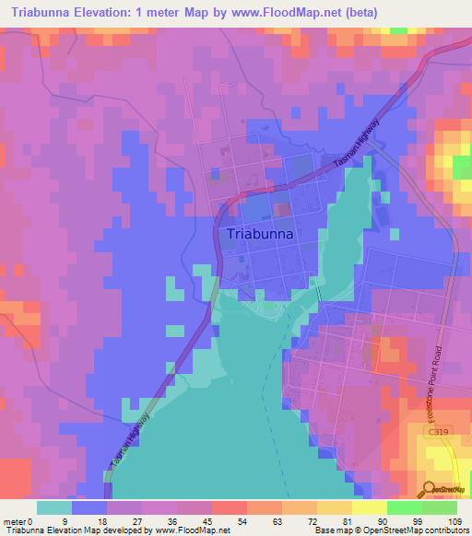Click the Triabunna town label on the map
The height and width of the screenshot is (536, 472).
[x=260, y=234]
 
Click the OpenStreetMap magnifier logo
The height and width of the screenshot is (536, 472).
[x=429, y=488]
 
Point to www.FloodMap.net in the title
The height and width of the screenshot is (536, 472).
[x=277, y=11]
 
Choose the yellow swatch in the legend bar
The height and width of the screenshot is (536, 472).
[x=370, y=507]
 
